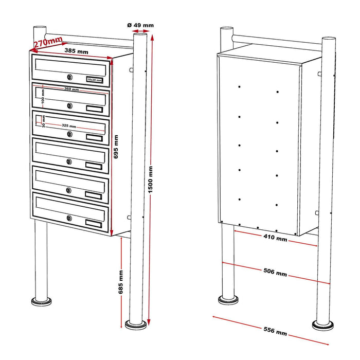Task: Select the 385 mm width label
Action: (76, 51)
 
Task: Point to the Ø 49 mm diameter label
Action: (140, 25)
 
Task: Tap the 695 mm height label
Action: (116, 147)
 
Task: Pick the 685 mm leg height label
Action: (121, 281)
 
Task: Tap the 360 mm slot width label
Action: (71, 89)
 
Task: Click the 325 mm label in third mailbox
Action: (68, 126)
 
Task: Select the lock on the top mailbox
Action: (69, 77)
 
